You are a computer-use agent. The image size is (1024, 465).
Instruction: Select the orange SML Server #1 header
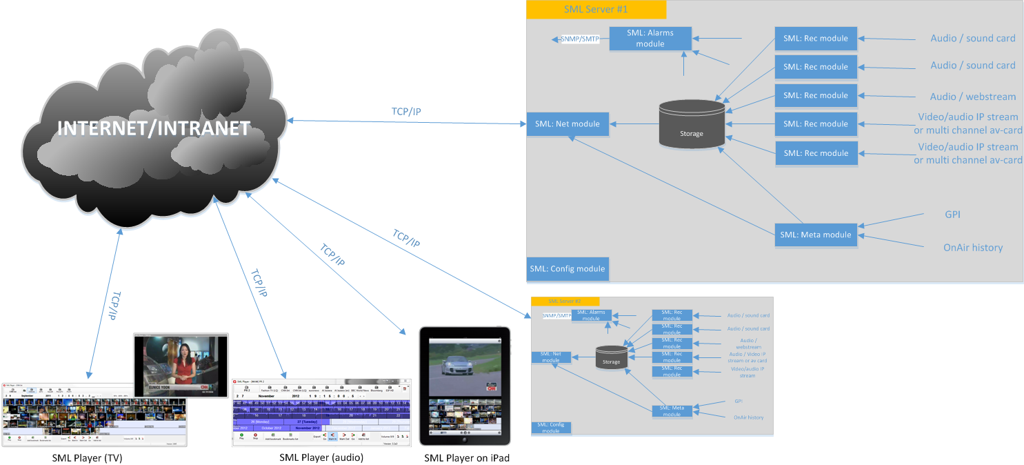[596, 10]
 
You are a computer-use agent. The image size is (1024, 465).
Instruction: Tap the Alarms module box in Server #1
[650, 38]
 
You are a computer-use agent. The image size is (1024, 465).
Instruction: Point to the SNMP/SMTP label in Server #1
[579, 39]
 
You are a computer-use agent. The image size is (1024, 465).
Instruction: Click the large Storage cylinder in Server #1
[691, 124]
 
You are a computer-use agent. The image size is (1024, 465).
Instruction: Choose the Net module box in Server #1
[568, 124]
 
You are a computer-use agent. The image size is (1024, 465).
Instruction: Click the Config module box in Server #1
[568, 268]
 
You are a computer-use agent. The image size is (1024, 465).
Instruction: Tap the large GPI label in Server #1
[952, 215]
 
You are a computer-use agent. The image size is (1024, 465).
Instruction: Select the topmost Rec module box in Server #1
[816, 39]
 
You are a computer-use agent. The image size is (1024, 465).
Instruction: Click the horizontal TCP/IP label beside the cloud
[405, 112]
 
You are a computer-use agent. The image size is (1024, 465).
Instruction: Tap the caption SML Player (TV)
[87, 457]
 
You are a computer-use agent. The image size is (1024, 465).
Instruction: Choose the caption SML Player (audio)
[321, 457]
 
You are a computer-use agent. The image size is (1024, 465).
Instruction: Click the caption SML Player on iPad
[466, 458]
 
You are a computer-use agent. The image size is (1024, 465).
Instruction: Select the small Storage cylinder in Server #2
[611, 357]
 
